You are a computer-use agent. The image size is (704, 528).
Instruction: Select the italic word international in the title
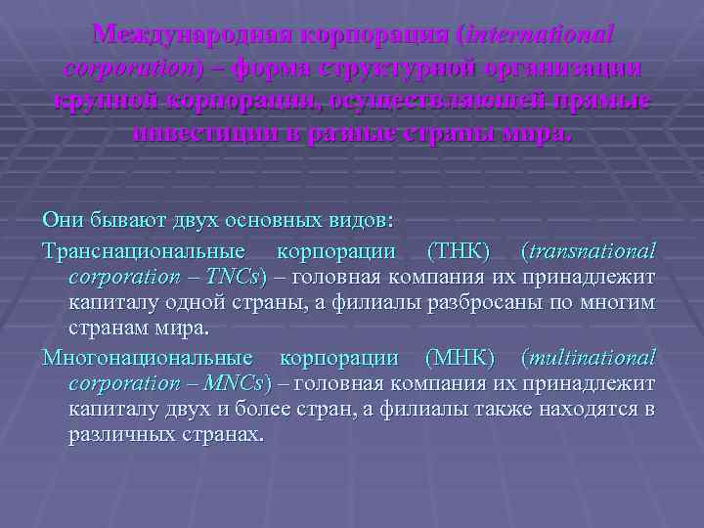541,34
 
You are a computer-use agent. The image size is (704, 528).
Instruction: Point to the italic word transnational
594,251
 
